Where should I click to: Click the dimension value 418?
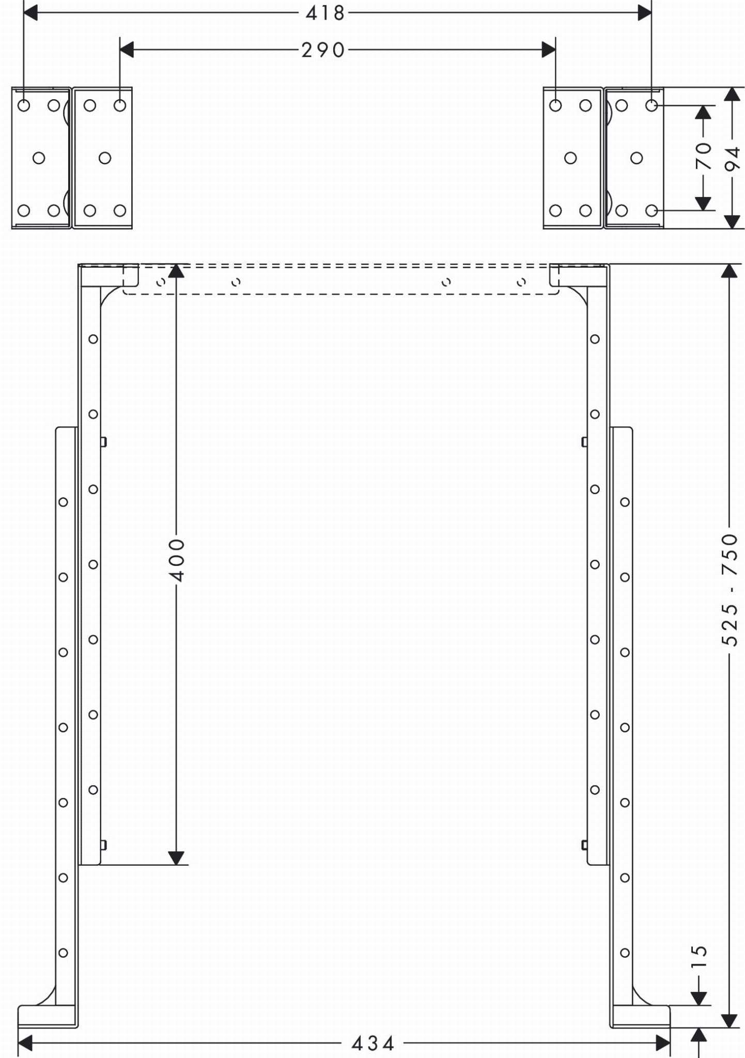click(x=325, y=13)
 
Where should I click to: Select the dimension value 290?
click(x=323, y=50)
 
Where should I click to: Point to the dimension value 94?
click(x=733, y=158)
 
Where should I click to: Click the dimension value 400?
click(x=177, y=560)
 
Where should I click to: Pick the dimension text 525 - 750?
click(x=730, y=590)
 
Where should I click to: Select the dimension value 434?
click(x=372, y=1043)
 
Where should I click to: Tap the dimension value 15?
click(x=699, y=956)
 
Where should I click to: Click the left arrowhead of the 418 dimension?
click(x=30, y=13)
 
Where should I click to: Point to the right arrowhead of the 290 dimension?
click(x=549, y=50)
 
